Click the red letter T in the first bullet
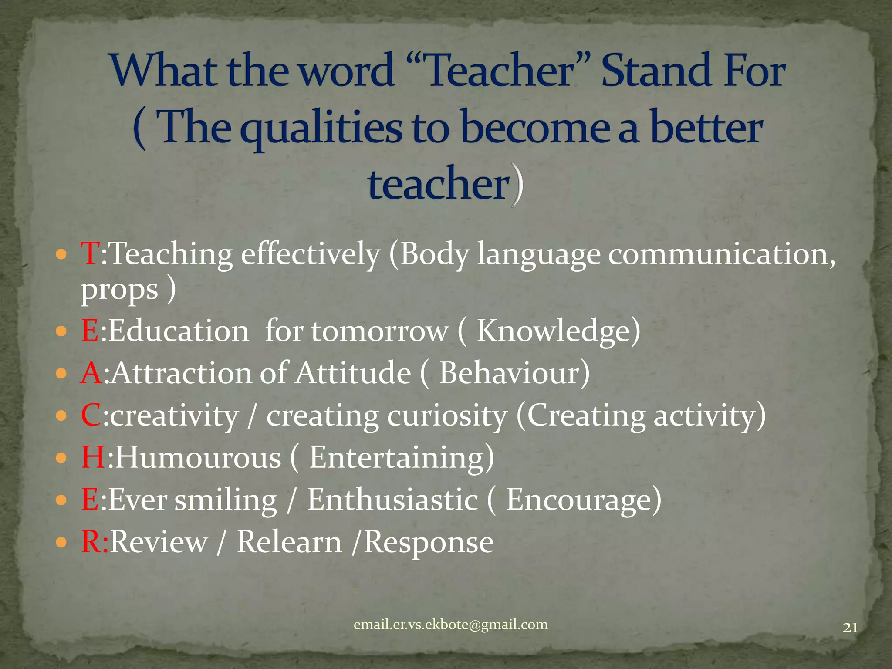[x=90, y=253]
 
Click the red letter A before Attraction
[x=91, y=373]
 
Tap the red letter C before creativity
[x=91, y=415]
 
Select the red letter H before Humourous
[x=93, y=457]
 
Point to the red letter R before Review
[x=91, y=542]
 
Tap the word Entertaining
[x=396, y=458]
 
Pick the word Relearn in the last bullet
[x=289, y=542]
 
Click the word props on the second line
[x=119, y=290]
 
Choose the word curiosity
[x=447, y=416]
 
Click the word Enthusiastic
[x=392, y=500]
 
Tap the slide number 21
[x=850, y=628]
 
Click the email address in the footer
[x=450, y=625]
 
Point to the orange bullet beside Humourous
[x=61, y=458]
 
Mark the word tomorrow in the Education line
[x=379, y=331]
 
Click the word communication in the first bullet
[x=719, y=254]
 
